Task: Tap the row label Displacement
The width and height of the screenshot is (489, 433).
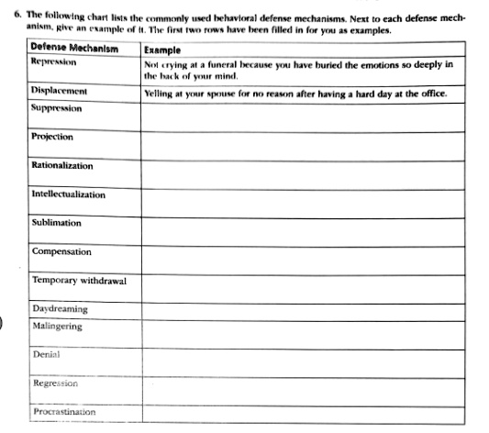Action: (x=60, y=92)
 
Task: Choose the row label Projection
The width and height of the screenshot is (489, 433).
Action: (x=53, y=137)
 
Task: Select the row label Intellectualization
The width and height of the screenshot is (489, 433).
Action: (x=69, y=194)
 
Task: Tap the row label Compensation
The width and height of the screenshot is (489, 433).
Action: (x=61, y=251)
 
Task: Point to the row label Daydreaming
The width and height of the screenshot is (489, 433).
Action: (x=61, y=309)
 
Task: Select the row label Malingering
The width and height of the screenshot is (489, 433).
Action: (x=57, y=326)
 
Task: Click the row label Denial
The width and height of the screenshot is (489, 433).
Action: (x=47, y=353)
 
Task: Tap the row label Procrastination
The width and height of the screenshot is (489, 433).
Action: (x=63, y=412)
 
